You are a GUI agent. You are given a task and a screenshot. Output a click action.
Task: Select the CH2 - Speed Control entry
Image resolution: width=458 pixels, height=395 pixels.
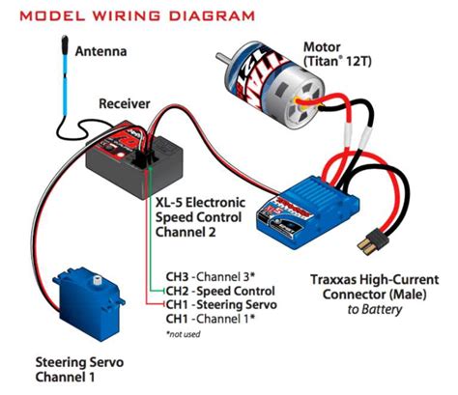(x=220, y=291)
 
